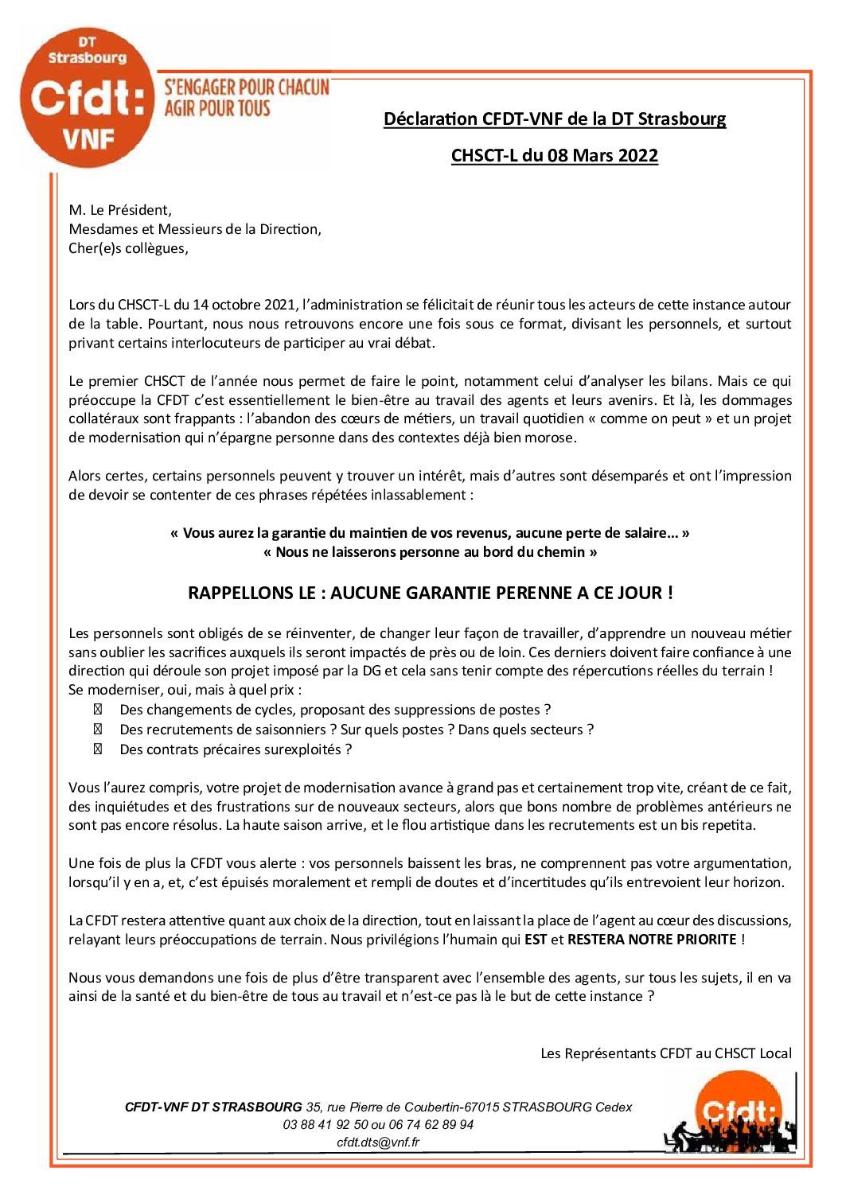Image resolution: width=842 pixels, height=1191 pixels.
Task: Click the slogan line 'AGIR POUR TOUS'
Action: [216, 107]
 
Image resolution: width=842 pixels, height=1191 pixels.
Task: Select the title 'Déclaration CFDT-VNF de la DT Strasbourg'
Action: [555, 119]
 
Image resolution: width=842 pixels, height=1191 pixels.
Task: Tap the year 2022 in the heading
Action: [637, 155]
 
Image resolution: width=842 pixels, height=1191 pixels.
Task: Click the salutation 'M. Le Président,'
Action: [120, 211]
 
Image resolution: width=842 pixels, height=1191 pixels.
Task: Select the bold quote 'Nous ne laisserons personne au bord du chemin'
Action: [431, 551]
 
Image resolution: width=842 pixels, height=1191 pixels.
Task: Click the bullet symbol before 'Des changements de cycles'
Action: [98, 710]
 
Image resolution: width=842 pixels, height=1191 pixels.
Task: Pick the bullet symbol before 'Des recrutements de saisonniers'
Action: [98, 730]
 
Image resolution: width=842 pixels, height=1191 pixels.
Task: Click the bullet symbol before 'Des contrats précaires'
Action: [98, 749]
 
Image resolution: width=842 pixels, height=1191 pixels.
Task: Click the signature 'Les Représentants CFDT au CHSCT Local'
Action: [666, 1053]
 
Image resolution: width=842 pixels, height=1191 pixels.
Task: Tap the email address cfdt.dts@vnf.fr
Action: [378, 1142]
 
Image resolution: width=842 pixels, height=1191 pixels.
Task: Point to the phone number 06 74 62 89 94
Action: [434, 1125]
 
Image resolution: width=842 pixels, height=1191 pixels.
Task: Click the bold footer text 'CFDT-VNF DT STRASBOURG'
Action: [213, 1107]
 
